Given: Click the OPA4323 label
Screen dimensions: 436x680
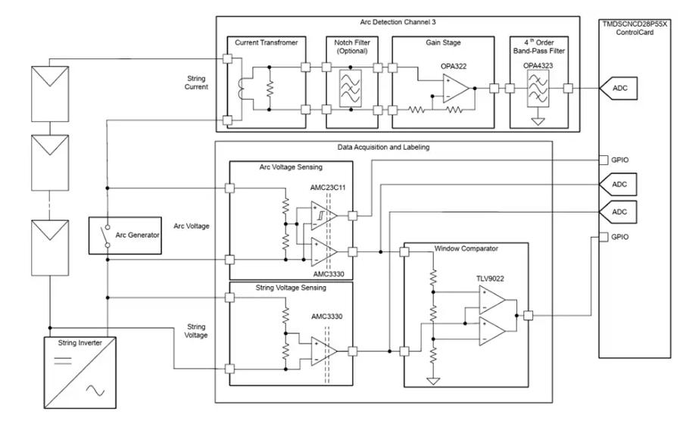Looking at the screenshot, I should pyautogui.click(x=538, y=66).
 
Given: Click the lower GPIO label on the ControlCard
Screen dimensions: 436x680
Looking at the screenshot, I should pyautogui.click(x=621, y=237).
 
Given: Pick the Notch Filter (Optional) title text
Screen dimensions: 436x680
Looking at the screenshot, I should pyautogui.click(x=351, y=47).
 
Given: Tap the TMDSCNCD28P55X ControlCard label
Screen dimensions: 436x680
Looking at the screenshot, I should pyautogui.click(x=635, y=29).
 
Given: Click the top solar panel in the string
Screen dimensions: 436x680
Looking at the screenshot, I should pyautogui.click(x=47, y=89).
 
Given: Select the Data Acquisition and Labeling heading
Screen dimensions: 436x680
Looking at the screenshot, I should pyautogui.click(x=383, y=147).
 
